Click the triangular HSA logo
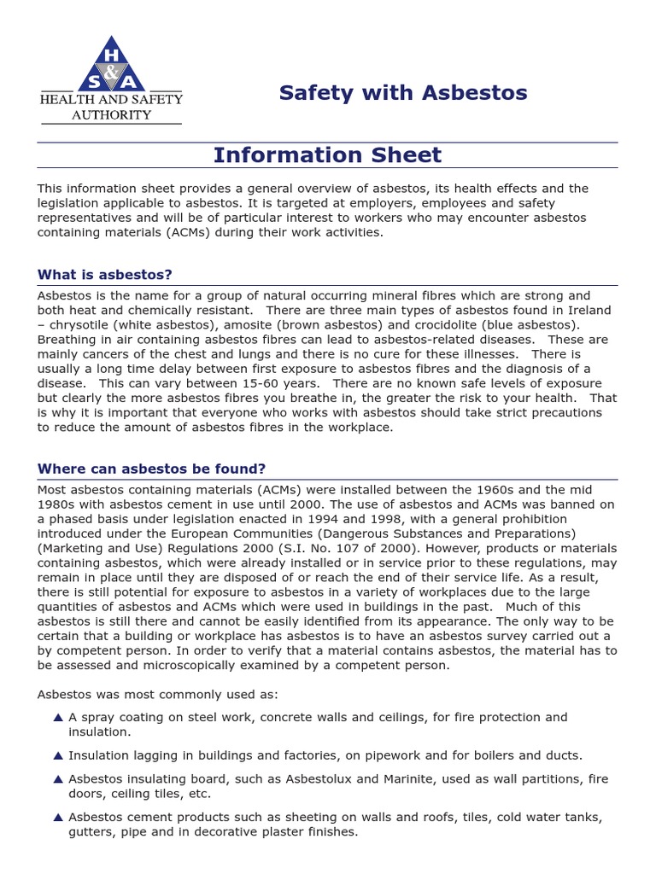click(x=112, y=66)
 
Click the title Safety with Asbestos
click(x=402, y=93)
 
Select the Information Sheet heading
click(x=327, y=155)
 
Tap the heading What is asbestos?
click(x=105, y=275)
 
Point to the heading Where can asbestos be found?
click(x=152, y=469)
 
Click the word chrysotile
click(x=79, y=325)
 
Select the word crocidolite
click(x=431, y=325)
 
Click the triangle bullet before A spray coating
click(x=57, y=718)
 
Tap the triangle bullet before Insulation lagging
click(x=57, y=755)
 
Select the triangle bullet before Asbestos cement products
click(x=57, y=817)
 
